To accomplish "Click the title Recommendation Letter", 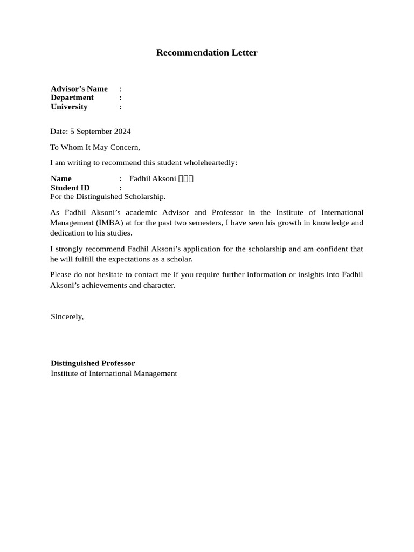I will click(x=206, y=52).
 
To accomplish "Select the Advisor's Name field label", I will click(x=79, y=88).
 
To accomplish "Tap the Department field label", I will click(x=72, y=98).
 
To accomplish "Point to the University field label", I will click(x=69, y=107).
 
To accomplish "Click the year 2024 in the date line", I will click(x=122, y=132).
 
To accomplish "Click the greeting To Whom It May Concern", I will click(x=95, y=147).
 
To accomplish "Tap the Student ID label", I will click(x=70, y=188).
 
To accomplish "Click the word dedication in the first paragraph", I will click(x=68, y=233).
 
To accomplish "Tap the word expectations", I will click(x=114, y=259).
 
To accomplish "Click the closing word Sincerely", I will click(x=67, y=316).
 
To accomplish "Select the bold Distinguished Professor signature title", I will click(x=93, y=363).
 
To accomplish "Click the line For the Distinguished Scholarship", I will click(x=108, y=196).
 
